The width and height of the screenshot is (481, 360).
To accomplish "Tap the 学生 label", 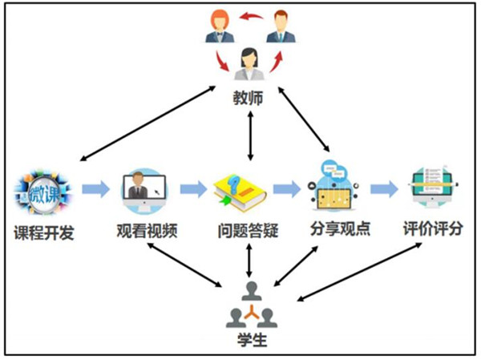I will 252,340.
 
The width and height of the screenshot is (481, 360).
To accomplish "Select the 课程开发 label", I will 45,232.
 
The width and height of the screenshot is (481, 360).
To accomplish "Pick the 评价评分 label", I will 433,232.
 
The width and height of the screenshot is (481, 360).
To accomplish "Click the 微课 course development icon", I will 43,192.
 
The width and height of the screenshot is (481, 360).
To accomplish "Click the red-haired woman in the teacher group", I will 219,26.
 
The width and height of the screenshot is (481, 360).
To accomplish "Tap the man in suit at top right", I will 281,26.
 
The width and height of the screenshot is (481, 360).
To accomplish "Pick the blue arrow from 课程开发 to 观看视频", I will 95,189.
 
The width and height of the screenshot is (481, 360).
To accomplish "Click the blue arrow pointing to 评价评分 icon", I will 384,189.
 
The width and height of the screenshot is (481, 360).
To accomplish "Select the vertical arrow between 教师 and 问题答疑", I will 252,136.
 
